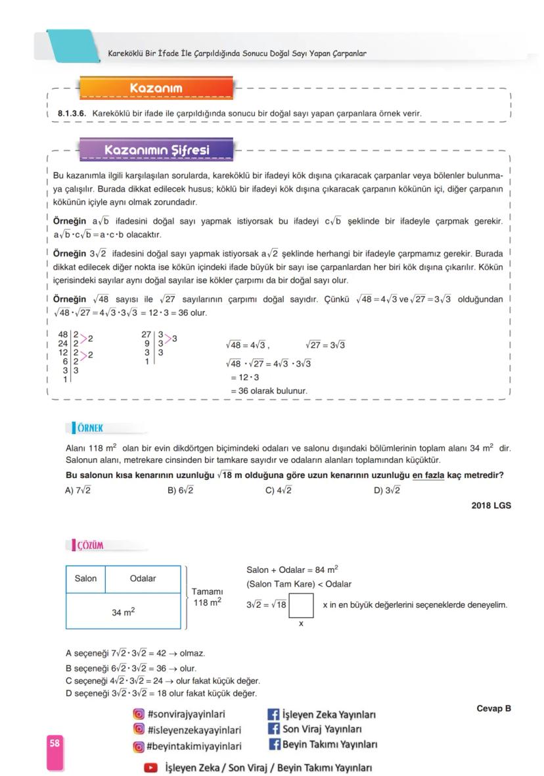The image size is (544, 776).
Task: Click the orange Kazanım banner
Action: point(156,88)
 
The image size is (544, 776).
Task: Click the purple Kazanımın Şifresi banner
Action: point(156,151)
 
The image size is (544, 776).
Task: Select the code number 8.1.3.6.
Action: point(72,114)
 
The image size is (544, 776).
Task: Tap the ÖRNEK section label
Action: point(89,428)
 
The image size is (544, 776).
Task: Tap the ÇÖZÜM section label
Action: point(89,545)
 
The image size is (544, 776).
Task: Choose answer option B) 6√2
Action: point(181,491)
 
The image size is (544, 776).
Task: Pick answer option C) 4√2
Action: point(279,491)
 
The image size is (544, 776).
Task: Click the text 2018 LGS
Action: point(491,506)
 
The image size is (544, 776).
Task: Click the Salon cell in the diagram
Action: point(85,579)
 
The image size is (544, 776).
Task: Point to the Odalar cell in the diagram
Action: point(143,579)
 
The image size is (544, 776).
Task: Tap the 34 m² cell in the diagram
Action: point(123,612)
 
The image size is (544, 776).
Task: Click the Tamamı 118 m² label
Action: point(207,596)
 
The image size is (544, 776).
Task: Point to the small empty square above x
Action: point(301,605)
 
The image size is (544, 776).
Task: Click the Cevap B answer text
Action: point(493,708)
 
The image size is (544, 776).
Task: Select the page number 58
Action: point(55,743)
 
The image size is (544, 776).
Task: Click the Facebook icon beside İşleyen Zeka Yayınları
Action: point(273,714)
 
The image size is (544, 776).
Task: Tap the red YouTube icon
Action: point(151,767)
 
